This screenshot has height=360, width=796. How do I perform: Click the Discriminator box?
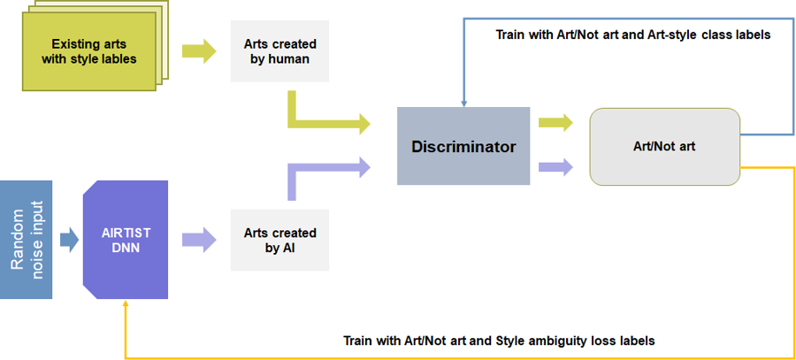(x=463, y=146)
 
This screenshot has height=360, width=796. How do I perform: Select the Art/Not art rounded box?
(x=664, y=146)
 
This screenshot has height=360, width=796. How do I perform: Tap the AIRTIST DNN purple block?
(x=126, y=240)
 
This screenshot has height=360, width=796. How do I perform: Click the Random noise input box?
(x=26, y=239)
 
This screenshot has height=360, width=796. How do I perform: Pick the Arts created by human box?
(x=279, y=51)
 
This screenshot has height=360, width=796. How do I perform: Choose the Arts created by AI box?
(x=279, y=240)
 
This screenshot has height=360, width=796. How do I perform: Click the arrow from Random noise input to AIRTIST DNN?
(x=68, y=240)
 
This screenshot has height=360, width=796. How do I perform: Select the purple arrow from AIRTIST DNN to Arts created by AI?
(x=197, y=240)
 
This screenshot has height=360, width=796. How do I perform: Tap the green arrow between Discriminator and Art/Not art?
(x=555, y=122)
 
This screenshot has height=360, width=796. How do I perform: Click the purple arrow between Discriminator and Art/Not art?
(x=555, y=165)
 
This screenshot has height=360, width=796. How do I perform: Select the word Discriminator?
(x=463, y=146)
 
